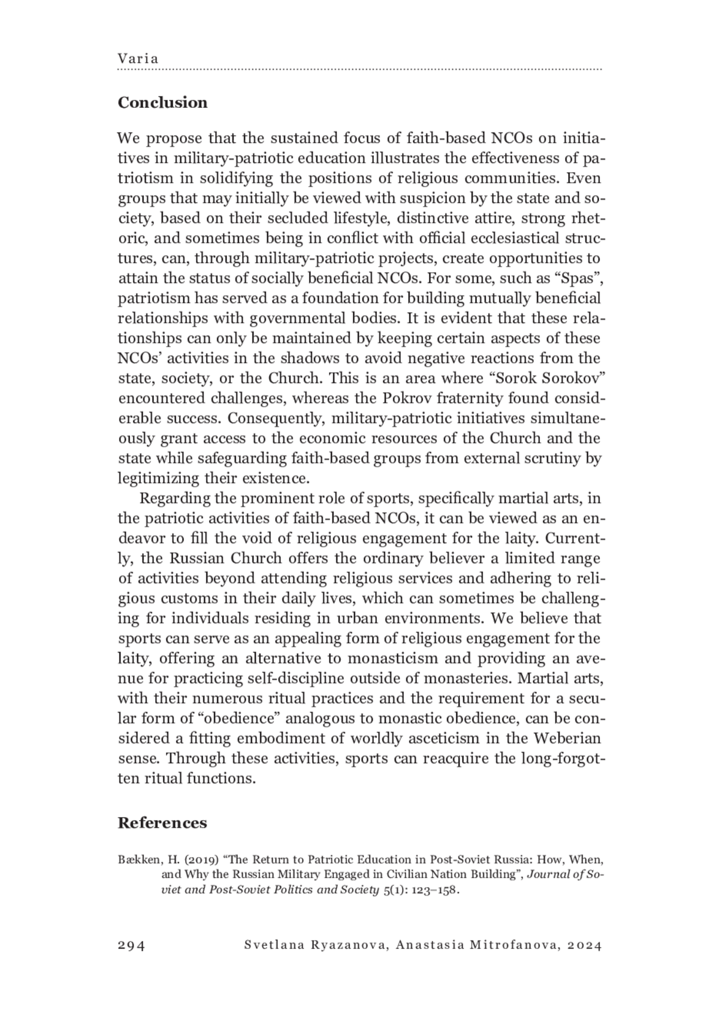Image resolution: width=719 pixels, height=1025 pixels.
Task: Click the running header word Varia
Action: pyautogui.click(x=138, y=59)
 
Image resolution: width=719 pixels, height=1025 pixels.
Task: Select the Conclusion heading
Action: pyautogui.click(x=162, y=103)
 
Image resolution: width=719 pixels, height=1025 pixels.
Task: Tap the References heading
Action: pyautogui.click(x=162, y=822)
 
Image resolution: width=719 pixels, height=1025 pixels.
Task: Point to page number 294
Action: pyautogui.click(x=131, y=945)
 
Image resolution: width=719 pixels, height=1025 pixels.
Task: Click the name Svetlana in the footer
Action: pyautogui.click(x=273, y=945)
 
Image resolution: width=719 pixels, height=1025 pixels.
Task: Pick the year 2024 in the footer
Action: pyautogui.click(x=584, y=945)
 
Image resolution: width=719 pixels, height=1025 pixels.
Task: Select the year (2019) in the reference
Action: pyautogui.click(x=201, y=860)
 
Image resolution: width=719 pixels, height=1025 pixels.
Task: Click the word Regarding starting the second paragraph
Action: pyautogui.click(x=175, y=498)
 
